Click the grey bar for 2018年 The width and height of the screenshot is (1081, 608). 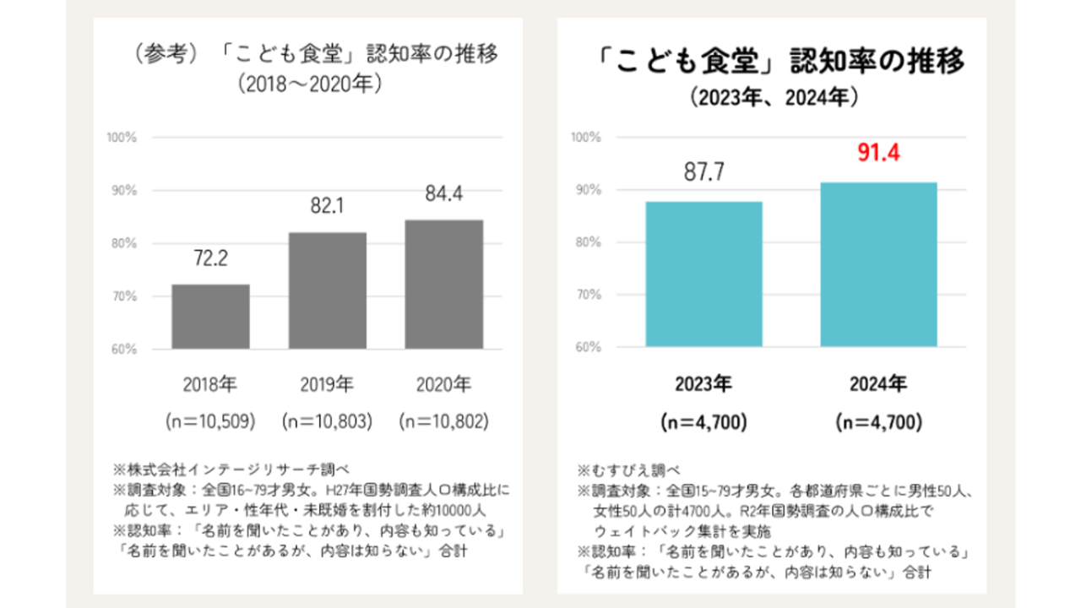tap(210, 317)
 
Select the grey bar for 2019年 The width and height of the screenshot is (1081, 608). tap(328, 290)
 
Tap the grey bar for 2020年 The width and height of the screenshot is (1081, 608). tap(444, 285)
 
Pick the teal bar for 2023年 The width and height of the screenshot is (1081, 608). tap(704, 274)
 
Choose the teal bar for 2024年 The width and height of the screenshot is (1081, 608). tap(878, 264)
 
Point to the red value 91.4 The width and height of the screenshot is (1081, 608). tap(878, 155)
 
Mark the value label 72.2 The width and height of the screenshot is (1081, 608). tap(210, 258)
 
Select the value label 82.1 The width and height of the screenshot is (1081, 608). tap(328, 206)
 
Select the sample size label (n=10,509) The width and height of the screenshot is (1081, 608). tap(210, 421)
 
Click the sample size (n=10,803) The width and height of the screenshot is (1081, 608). tap(328, 421)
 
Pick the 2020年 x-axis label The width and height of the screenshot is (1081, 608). tap(444, 384)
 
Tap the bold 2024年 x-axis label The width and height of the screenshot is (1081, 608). tap(878, 384)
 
